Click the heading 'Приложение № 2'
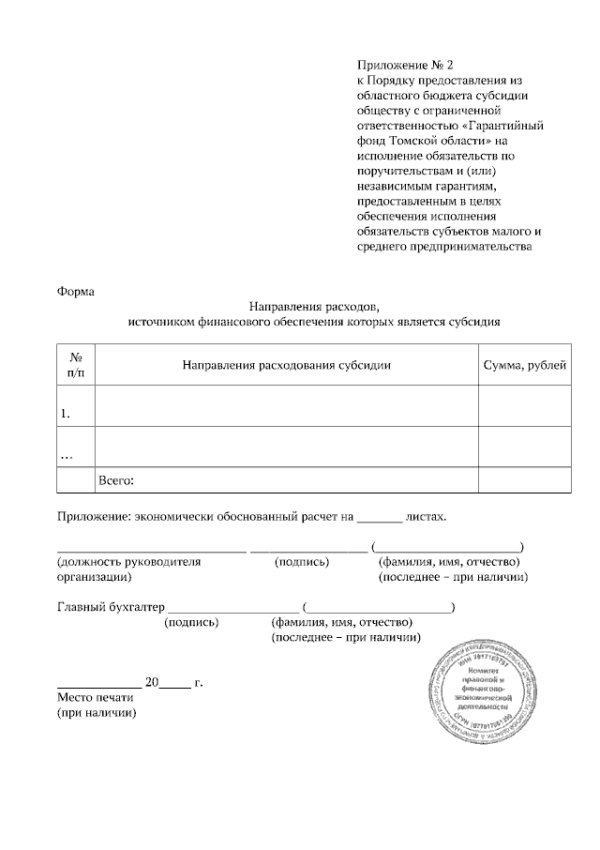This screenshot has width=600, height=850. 404,66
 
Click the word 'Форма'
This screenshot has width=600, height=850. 77,290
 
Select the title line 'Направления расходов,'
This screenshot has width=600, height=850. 314,306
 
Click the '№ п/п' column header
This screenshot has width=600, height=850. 76,365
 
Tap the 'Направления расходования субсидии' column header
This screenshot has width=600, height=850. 286,365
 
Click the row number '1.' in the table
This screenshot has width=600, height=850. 66,413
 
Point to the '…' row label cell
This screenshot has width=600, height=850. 67,454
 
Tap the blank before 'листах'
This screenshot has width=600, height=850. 380,517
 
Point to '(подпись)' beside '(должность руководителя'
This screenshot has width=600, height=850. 302,562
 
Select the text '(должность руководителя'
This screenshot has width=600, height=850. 129,562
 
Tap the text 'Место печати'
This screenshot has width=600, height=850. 97,698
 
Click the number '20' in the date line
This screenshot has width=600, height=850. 153,682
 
